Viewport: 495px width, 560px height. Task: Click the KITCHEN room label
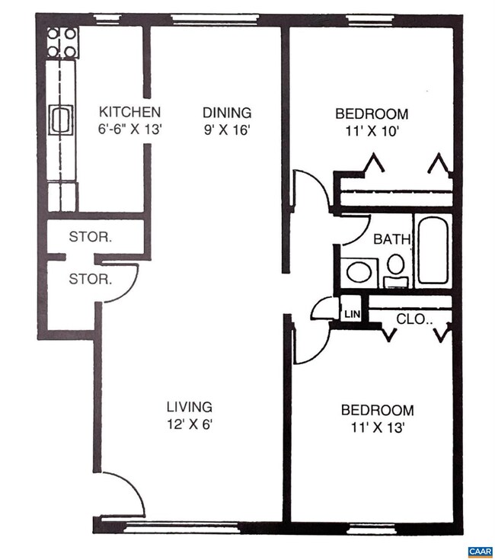(130, 112)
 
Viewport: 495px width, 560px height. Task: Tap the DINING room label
(226, 113)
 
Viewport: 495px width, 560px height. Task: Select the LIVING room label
(190, 407)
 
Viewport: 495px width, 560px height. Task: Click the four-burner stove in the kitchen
(62, 43)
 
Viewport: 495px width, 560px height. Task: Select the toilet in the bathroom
(395, 269)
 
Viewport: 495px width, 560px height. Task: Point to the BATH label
(392, 239)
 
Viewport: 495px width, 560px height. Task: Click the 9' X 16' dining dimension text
(226, 129)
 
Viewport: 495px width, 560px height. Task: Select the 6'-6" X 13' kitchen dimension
(130, 129)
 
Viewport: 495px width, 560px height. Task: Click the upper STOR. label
(91, 237)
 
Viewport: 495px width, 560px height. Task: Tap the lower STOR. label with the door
(91, 279)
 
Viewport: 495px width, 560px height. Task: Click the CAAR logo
(480, 550)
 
